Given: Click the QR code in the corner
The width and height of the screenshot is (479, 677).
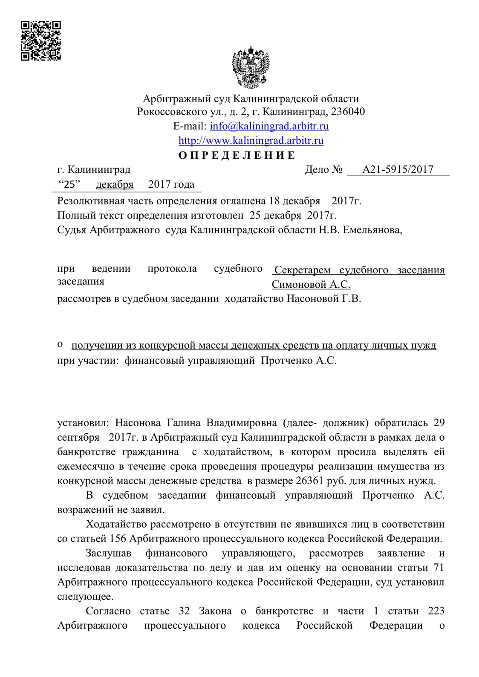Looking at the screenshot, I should (41, 40).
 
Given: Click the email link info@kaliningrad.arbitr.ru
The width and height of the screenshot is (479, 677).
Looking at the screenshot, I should (269, 126).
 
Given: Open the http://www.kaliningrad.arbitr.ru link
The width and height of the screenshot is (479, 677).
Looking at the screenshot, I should (251, 141).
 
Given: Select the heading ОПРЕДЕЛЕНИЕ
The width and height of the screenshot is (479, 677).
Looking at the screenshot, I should (237, 155).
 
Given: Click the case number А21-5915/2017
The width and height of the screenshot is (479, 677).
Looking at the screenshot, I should (398, 170).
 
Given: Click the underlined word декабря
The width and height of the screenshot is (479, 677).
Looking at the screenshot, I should (115, 184).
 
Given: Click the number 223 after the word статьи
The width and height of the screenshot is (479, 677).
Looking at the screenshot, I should (436, 611).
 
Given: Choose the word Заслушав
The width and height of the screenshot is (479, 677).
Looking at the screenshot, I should (108, 553).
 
